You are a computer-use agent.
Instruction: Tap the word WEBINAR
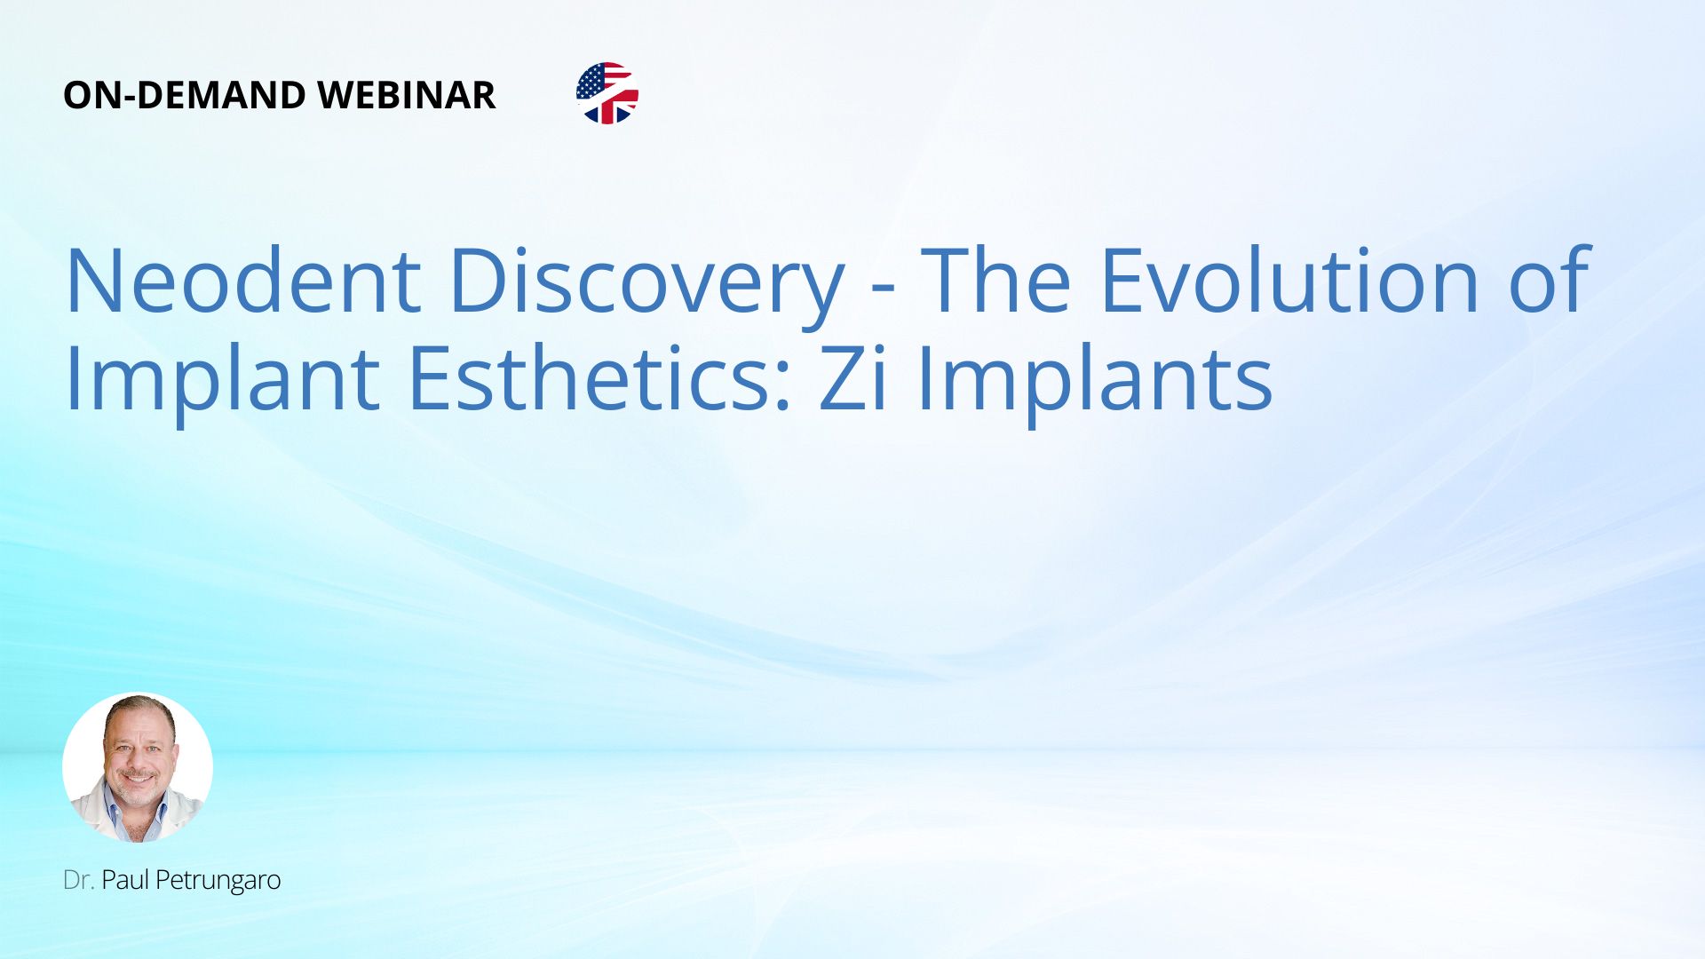(406, 95)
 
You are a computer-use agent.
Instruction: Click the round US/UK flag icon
(607, 93)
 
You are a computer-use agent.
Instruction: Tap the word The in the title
(995, 281)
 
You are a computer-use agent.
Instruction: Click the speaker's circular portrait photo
(138, 767)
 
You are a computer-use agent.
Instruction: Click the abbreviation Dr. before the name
(78, 880)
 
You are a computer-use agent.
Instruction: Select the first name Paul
(125, 880)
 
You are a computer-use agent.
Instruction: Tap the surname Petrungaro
(218, 881)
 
